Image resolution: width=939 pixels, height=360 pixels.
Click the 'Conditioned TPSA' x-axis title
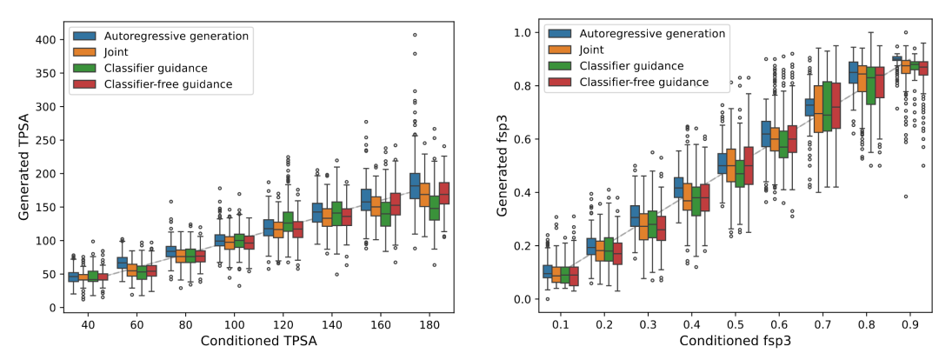[258, 342]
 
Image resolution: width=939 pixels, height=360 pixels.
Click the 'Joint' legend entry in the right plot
[594, 50]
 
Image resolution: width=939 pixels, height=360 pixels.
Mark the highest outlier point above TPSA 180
[415, 36]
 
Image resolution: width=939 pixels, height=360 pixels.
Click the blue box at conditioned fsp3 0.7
[809, 107]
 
